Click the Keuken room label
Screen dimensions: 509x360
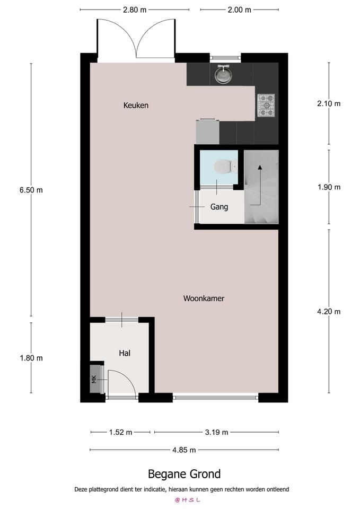coord(136,106)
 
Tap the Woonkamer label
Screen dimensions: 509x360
coord(204,299)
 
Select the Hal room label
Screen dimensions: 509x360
coord(125,353)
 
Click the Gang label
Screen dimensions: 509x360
coord(219,207)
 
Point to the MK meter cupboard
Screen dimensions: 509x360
coord(94,379)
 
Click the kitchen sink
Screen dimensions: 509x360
coord(223,75)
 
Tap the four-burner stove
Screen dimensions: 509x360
coord(266,105)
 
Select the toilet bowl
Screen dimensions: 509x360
coord(223,167)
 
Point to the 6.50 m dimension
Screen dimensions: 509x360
coord(31,190)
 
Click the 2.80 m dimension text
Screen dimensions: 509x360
coord(135,10)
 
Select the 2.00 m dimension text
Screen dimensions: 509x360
coord(239,10)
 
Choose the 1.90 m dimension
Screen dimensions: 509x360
coord(328,187)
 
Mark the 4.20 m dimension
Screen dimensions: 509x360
coord(328,312)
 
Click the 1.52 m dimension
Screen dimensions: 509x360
coord(120,432)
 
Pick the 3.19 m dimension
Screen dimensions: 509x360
coord(216,432)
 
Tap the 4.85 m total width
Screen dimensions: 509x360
coord(184,450)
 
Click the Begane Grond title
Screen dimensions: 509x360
coord(184,474)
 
